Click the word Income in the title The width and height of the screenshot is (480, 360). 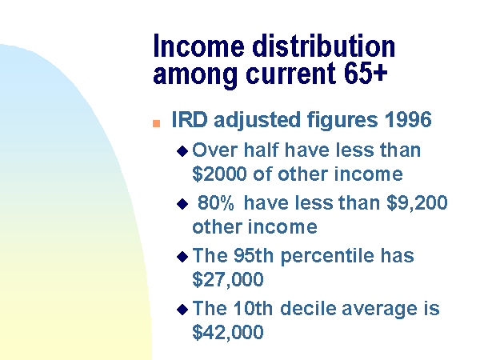(x=198, y=46)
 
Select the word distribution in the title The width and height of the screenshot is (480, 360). (x=323, y=46)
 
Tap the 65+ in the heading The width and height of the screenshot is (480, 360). (x=366, y=73)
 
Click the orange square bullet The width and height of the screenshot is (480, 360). (x=157, y=123)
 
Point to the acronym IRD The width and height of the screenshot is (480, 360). (x=190, y=119)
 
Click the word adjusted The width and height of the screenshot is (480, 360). (x=257, y=120)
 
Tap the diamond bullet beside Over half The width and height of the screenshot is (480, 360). (x=182, y=151)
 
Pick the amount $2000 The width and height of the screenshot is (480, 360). (x=219, y=174)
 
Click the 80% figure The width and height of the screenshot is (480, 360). (x=216, y=202)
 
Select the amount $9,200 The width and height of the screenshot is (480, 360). (x=417, y=203)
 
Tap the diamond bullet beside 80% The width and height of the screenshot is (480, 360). (x=182, y=204)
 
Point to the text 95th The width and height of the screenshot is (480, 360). (x=253, y=255)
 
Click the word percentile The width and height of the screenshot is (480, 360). (x=327, y=256)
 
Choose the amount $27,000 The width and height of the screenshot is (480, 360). (x=228, y=279)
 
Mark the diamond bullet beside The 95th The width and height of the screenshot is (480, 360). (x=182, y=257)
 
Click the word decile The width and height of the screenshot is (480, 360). (x=308, y=308)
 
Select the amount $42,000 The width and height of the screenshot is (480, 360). (x=228, y=332)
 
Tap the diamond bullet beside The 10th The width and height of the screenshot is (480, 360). (x=182, y=310)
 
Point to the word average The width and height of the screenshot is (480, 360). (x=379, y=309)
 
